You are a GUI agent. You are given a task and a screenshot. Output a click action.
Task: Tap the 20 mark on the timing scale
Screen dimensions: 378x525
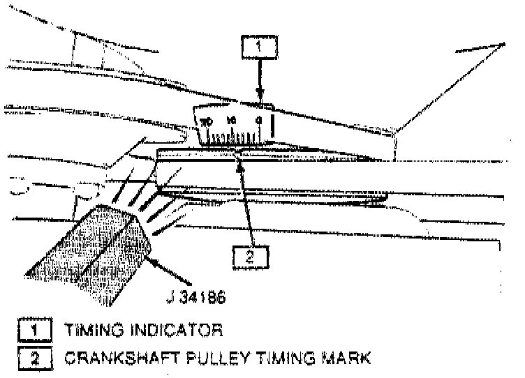[x=206, y=122]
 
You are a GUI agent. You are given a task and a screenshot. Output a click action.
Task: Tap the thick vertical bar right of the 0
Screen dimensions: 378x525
[x=272, y=126]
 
